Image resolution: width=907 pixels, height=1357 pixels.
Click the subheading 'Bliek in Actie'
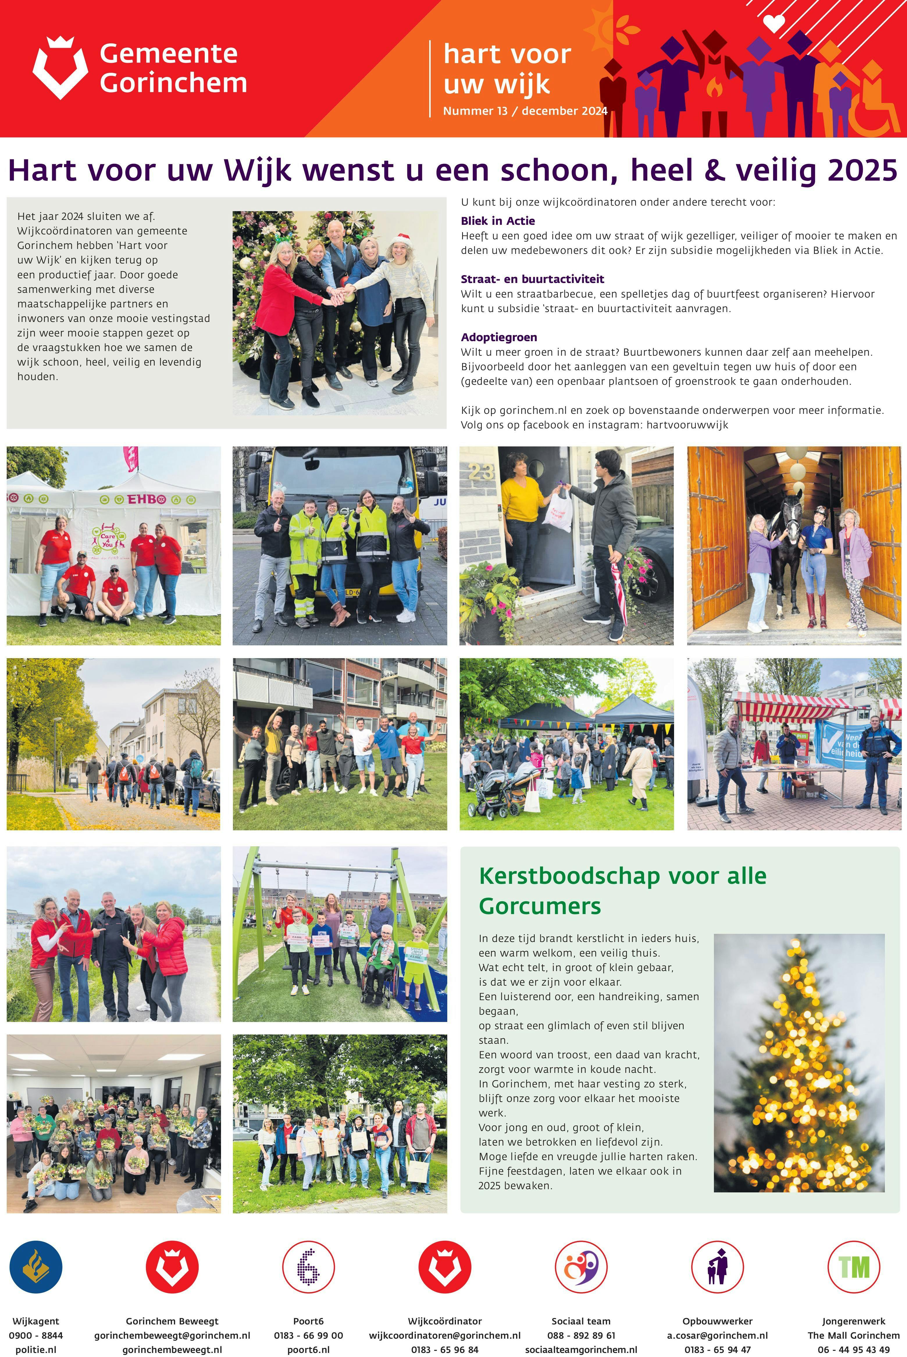point(498,221)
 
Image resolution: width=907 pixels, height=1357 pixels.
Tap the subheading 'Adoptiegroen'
point(499,337)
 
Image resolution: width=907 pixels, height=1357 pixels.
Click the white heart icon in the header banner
point(774,23)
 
